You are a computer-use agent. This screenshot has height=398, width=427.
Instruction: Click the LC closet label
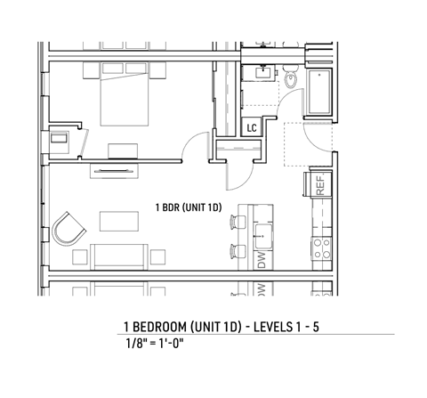[x=252, y=128]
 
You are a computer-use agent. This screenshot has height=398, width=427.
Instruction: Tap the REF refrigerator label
[x=318, y=184]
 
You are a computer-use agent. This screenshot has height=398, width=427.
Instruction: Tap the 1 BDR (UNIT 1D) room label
[x=189, y=208]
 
